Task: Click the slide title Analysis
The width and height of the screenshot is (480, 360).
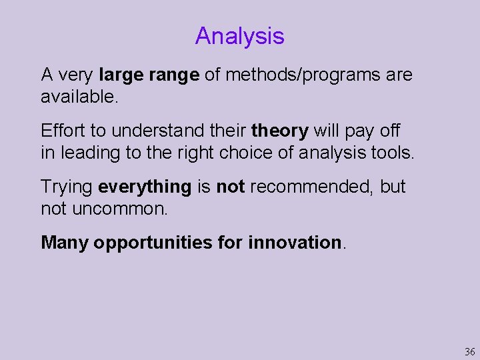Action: pyautogui.click(x=239, y=36)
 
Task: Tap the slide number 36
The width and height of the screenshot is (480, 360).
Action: pyautogui.click(x=469, y=351)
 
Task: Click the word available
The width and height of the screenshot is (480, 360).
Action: pyautogui.click(x=79, y=97)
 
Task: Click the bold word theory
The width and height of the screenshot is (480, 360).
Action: pyautogui.click(x=279, y=131)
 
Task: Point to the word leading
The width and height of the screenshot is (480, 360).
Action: pyautogui.click(x=83, y=153)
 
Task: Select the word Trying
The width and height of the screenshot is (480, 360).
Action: pyautogui.click(x=67, y=187)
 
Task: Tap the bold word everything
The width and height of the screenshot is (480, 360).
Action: pyautogui.click(x=145, y=187)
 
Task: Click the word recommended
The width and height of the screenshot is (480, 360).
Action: pyautogui.click(x=309, y=187)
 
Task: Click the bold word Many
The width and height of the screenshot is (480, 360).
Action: pyautogui.click(x=64, y=242)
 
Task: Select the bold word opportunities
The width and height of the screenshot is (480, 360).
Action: pyautogui.click(x=153, y=242)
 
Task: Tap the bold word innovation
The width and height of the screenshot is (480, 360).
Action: pyautogui.click(x=295, y=242)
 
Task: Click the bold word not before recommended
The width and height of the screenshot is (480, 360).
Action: pyautogui.click(x=231, y=187)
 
